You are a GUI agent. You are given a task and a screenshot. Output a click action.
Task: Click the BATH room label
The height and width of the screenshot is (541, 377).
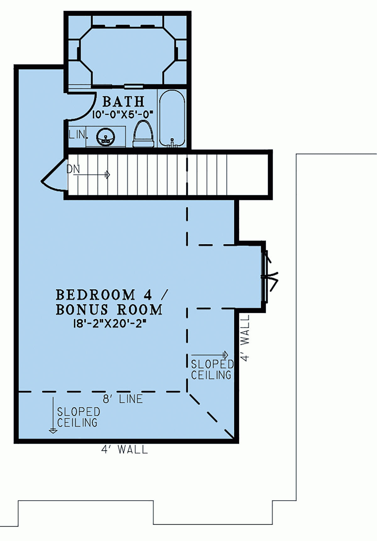coord(123,102)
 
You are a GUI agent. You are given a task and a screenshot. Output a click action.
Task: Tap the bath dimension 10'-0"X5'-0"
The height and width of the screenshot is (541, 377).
coord(123,114)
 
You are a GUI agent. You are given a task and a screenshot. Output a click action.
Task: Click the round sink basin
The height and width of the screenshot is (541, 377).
coord(106,137)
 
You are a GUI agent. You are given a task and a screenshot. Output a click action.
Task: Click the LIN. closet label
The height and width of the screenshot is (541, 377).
coord(77,135)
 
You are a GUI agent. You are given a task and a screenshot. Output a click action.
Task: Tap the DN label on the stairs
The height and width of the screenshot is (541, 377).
coord(73,169)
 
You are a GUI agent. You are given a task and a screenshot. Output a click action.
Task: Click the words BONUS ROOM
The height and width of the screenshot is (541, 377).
coord(109,310)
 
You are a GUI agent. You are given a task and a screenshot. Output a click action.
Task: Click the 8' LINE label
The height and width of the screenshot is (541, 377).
coord(123,399)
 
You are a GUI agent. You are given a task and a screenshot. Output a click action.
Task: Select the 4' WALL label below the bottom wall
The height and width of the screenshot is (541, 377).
coord(124,449)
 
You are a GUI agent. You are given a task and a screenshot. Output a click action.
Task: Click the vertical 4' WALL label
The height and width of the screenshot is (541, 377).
coord(245,338)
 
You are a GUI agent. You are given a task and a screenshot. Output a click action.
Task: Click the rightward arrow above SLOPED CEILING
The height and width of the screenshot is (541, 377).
coord(210,355)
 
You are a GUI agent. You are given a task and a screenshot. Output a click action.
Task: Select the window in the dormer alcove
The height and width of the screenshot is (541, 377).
coord(264,276)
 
